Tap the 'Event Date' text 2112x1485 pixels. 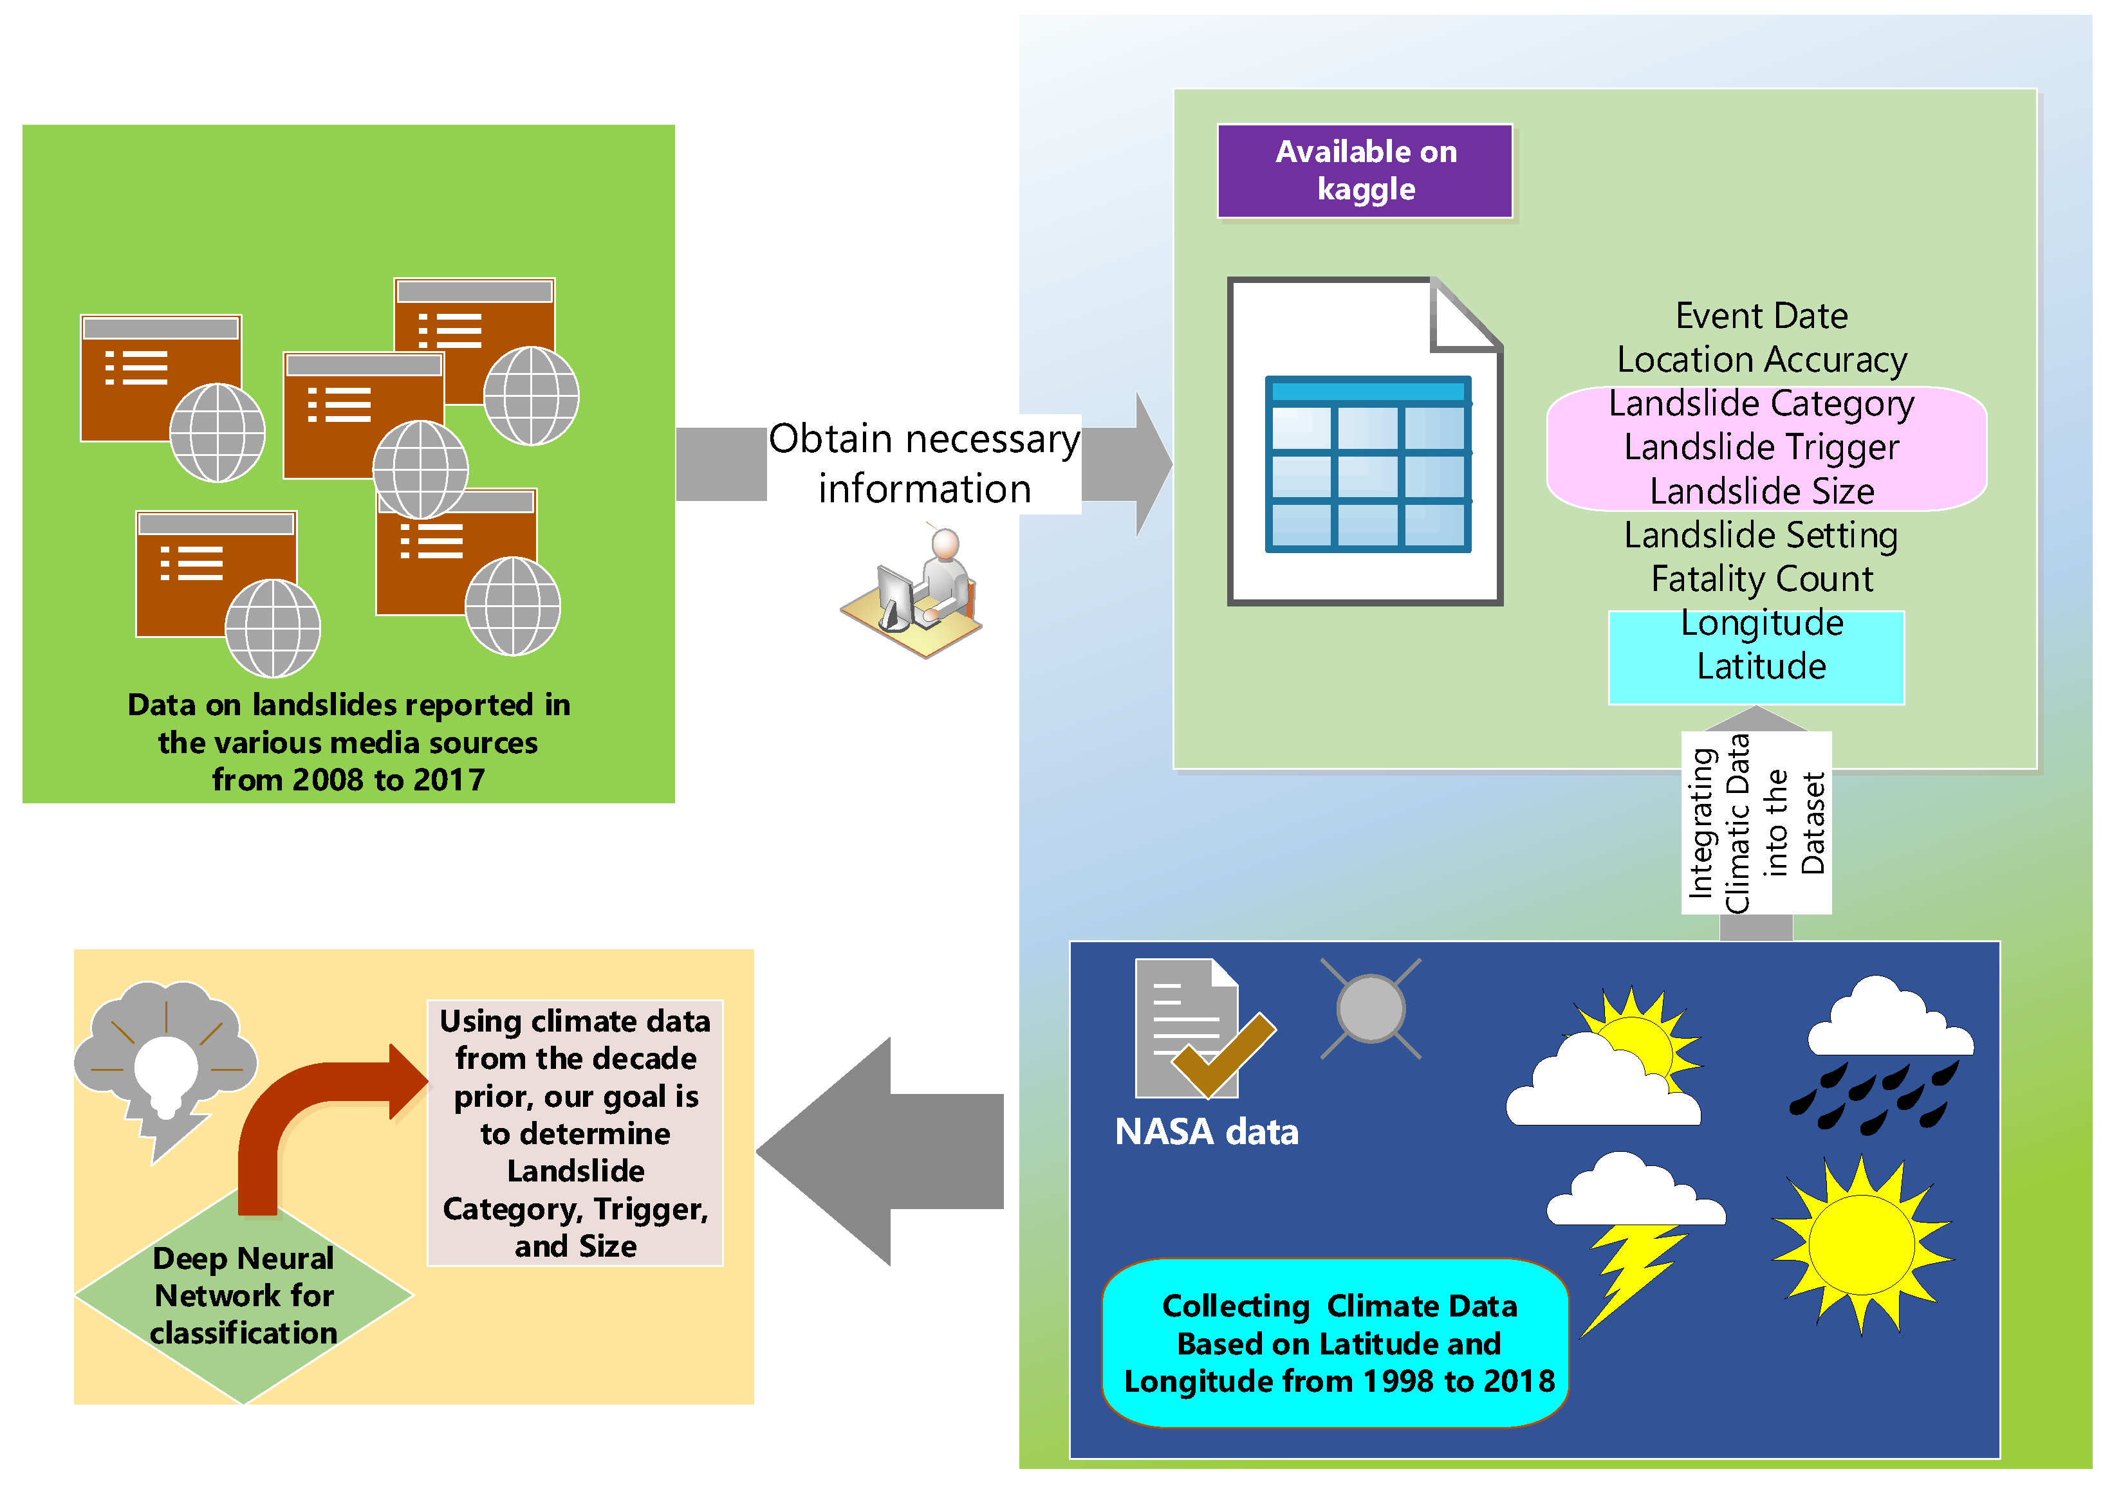(x=1761, y=315)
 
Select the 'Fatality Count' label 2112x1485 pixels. (x=1761, y=578)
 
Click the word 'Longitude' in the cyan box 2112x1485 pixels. (x=1761, y=623)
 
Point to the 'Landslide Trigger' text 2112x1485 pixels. (x=1761, y=447)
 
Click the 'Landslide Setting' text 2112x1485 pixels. (x=1761, y=534)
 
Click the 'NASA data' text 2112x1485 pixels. (x=1205, y=1131)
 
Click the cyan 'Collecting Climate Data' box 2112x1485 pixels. (x=1336, y=1342)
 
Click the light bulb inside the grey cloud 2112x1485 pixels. (x=165, y=1071)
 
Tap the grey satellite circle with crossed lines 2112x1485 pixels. (x=1371, y=1008)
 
